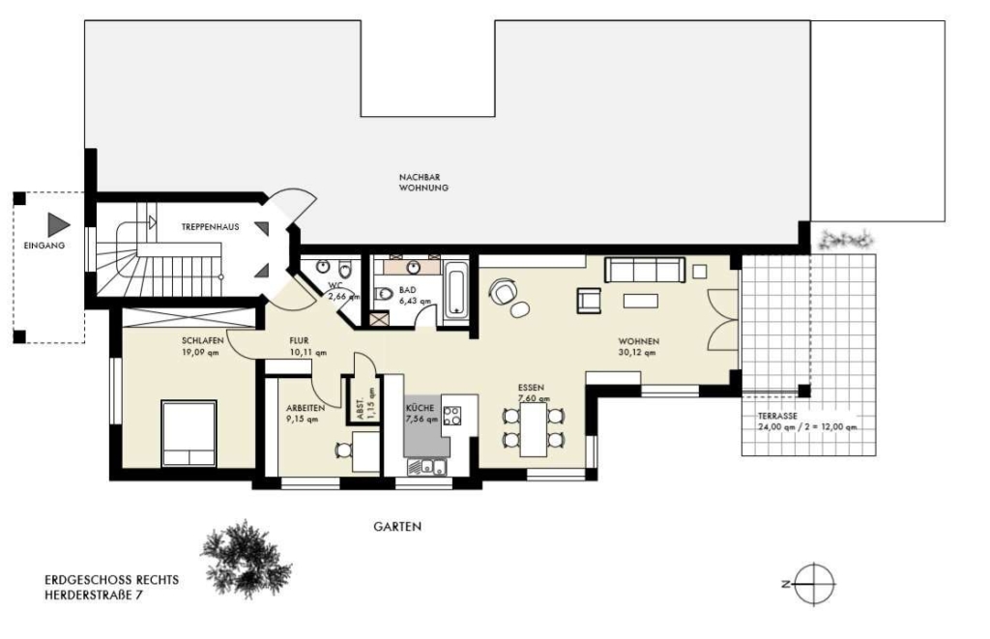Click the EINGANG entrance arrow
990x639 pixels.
pyautogui.click(x=57, y=225)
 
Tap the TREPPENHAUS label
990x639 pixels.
pyautogui.click(x=210, y=226)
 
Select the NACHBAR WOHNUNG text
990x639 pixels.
pyautogui.click(x=423, y=183)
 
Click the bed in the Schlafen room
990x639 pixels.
pyautogui.click(x=189, y=433)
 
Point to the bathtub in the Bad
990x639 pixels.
pyautogui.click(x=456, y=290)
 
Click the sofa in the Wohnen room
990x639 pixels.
pyautogui.click(x=645, y=270)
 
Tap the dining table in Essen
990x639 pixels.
pyautogui.click(x=534, y=429)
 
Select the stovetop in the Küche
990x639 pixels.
pyautogui.click(x=452, y=416)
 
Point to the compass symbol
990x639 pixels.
pyautogui.click(x=814, y=584)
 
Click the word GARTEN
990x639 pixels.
pyautogui.click(x=397, y=526)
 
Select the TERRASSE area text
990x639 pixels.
pyautogui.click(x=807, y=421)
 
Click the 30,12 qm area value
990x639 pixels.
pyautogui.click(x=637, y=352)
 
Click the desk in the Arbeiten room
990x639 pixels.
pyautogui.click(x=366, y=450)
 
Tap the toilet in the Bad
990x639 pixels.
pyautogui.click(x=384, y=294)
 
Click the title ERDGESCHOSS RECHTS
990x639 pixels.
pyautogui.click(x=112, y=580)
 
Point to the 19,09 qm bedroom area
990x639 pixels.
pyautogui.click(x=200, y=352)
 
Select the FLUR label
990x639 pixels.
pyautogui.click(x=300, y=341)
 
